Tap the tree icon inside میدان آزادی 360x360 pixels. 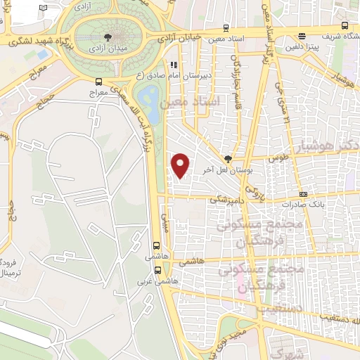click(107, 37)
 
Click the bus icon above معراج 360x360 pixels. click(98, 81)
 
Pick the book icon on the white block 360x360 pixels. click(44, 7)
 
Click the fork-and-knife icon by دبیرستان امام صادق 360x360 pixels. click(173, 65)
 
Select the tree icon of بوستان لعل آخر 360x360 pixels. click(226, 159)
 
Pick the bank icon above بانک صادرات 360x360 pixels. click(303, 194)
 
